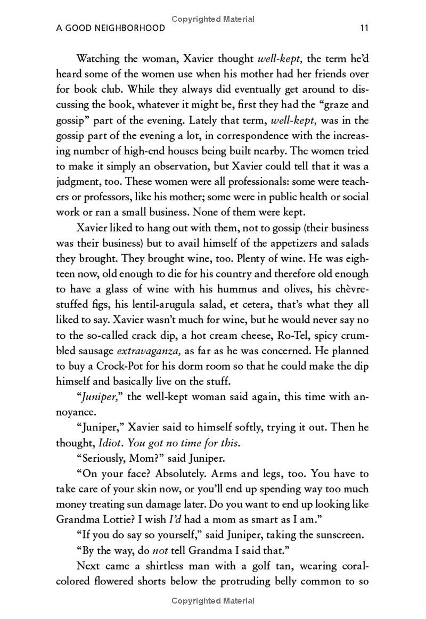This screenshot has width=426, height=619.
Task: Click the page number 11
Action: pyautogui.click(x=364, y=28)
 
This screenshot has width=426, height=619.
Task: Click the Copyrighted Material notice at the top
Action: pyautogui.click(x=213, y=19)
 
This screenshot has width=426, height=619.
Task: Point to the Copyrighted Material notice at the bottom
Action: pyautogui.click(x=213, y=601)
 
